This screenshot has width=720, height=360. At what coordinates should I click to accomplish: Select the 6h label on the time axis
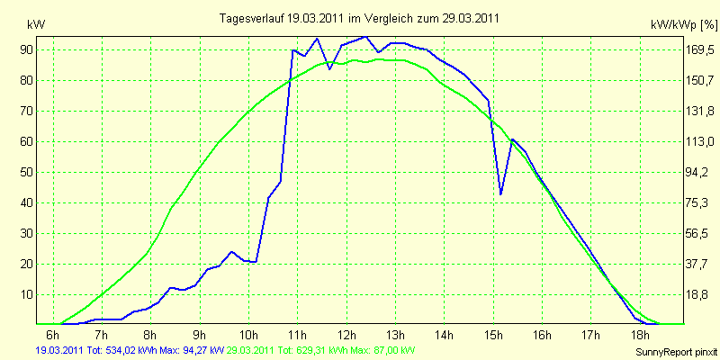point(53,334)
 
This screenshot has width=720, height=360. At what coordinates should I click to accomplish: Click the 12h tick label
point(346,334)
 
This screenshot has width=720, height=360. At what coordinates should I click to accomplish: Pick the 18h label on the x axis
point(640,334)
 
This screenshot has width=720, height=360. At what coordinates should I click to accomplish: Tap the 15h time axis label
point(493,334)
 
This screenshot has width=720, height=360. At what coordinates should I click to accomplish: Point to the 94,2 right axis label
point(698,172)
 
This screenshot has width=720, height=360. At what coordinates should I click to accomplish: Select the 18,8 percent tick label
point(698,295)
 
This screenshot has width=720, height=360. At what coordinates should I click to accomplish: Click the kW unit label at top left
point(37,25)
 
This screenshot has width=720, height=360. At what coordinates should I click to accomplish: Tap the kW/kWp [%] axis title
point(684,25)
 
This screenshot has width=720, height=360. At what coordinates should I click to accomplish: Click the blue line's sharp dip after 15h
point(500,194)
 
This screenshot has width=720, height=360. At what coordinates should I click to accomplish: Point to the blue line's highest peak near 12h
point(365,36)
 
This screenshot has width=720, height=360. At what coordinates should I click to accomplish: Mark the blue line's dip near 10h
point(255,262)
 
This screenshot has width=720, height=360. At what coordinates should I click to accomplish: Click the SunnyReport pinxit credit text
point(677,352)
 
